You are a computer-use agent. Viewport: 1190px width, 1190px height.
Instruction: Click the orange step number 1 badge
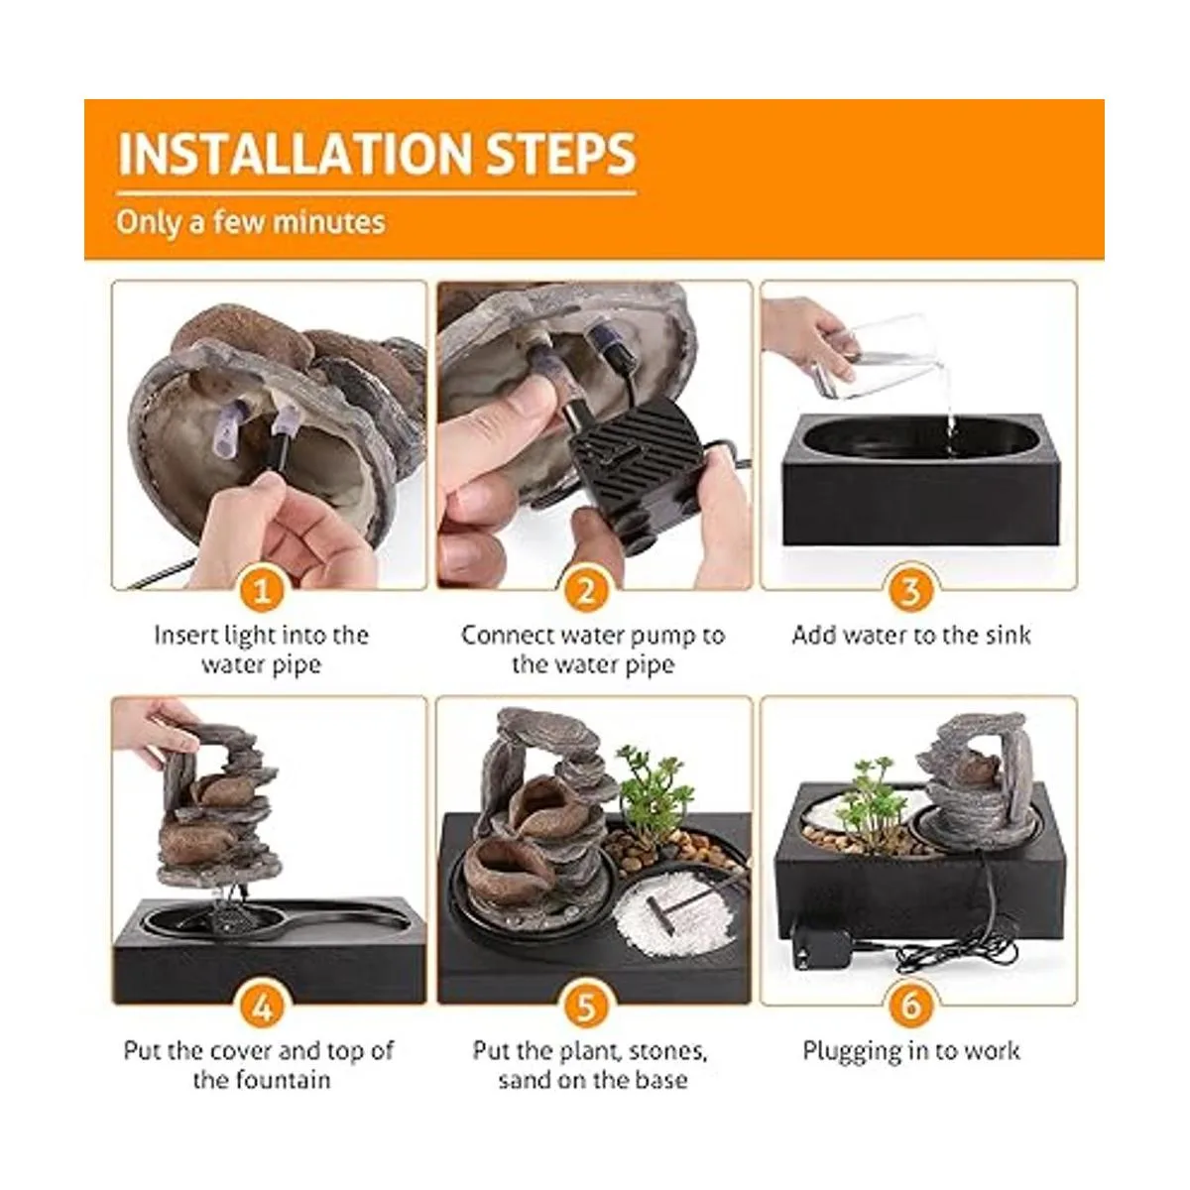[263, 590]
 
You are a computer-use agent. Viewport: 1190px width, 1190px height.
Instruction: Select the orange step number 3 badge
[911, 590]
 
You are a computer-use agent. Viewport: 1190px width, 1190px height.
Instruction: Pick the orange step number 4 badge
[263, 1008]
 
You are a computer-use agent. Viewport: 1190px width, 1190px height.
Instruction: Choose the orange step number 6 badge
[911, 1008]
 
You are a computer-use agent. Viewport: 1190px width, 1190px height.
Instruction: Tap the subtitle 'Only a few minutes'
[251, 222]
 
